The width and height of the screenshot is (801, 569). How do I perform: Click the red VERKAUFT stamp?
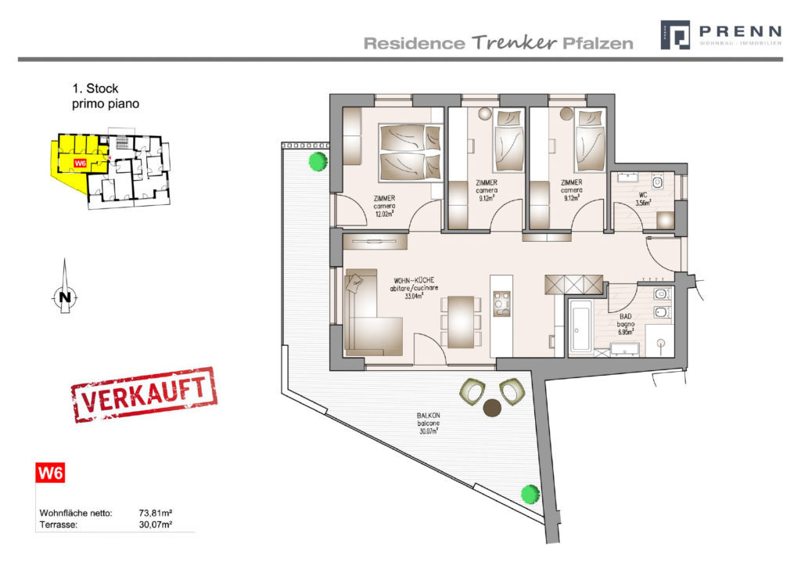click(144, 394)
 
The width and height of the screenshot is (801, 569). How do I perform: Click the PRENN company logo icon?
click(675, 35)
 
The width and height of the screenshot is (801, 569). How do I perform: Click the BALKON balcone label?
click(427, 423)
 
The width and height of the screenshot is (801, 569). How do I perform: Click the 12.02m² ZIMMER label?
click(383, 205)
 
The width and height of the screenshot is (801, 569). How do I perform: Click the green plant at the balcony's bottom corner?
click(530, 494)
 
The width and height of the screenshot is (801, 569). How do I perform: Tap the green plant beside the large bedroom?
click(317, 162)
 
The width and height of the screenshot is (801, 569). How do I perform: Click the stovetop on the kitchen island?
click(501, 301)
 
